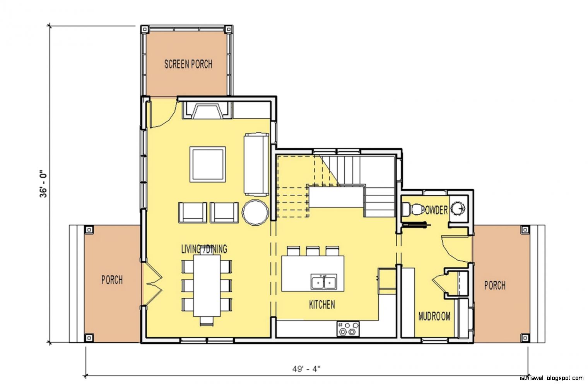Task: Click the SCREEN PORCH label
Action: coord(188,64)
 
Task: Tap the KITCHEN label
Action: coord(322,305)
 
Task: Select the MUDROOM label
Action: coord(434,316)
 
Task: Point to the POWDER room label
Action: coord(434,210)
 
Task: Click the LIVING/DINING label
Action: coord(204,249)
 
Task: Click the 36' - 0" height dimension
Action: coord(43,185)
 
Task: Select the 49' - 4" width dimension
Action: coord(306,369)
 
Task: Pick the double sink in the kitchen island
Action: coord(324,281)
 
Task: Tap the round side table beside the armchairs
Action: coord(255,213)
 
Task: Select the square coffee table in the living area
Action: coord(208,164)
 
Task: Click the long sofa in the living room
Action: coord(256,165)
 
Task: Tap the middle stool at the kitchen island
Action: coord(313,251)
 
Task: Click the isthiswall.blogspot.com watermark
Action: coord(552,378)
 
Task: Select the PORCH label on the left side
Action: coord(112,280)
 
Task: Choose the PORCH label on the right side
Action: coord(495,286)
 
